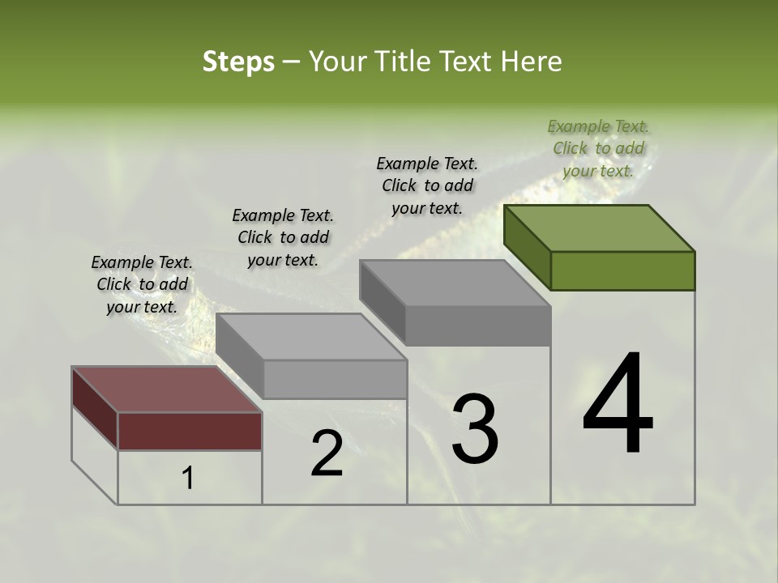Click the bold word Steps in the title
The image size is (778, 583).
click(x=238, y=62)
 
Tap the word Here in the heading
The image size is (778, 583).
click(x=531, y=62)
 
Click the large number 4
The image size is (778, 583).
click(x=618, y=405)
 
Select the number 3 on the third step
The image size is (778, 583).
click(x=475, y=429)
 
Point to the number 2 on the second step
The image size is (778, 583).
click(x=327, y=454)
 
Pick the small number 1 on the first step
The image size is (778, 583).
click(x=187, y=479)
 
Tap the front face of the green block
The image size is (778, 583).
click(x=622, y=270)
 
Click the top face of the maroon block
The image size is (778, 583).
click(x=166, y=389)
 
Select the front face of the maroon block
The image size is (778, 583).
click(x=190, y=431)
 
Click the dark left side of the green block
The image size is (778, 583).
click(x=527, y=247)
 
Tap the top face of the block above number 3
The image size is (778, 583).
click(x=455, y=283)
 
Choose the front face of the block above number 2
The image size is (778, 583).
click(x=335, y=379)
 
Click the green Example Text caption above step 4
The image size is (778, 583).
click(x=598, y=148)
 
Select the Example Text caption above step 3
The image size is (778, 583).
click(x=427, y=185)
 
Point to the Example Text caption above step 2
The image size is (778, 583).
click(x=283, y=237)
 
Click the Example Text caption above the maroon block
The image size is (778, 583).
click(x=142, y=284)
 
